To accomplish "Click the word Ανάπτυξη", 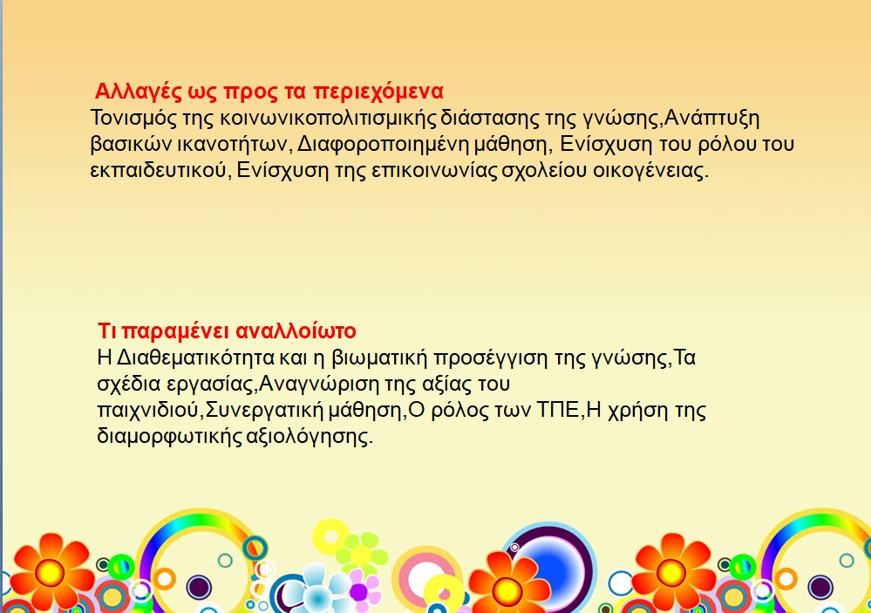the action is [x=711, y=119].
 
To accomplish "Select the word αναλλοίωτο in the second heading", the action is [x=296, y=331].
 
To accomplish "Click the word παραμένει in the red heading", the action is [x=175, y=331].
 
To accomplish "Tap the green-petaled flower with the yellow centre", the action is [x=361, y=554].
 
